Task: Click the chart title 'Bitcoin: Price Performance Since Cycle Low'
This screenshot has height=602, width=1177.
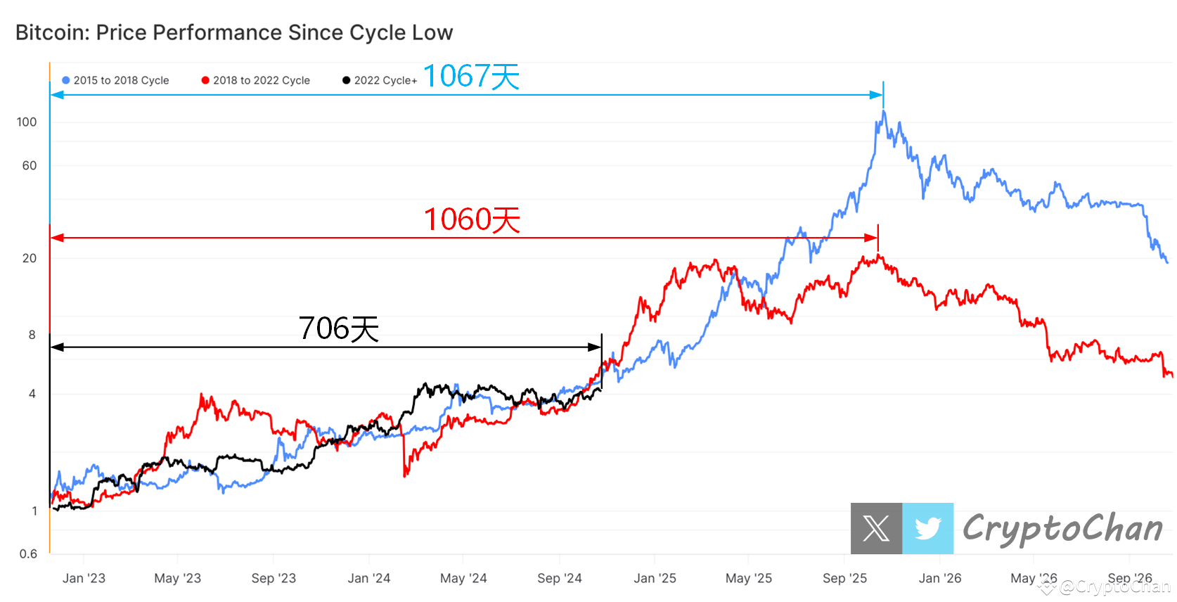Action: [234, 32]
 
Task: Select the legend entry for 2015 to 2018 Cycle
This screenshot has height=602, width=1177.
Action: [115, 80]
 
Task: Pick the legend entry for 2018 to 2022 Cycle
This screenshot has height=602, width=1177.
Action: [255, 80]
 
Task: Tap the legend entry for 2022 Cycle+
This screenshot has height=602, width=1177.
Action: [380, 80]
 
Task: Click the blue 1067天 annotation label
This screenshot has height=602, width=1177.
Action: [470, 76]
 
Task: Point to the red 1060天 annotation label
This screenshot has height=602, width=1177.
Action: [472, 219]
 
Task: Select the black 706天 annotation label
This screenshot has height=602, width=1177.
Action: [338, 328]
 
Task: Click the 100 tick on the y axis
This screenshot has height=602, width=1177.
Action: [27, 122]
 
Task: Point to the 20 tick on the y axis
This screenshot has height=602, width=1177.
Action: [29, 258]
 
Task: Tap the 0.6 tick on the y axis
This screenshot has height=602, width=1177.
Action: [28, 554]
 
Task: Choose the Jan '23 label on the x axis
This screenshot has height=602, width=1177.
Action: [84, 578]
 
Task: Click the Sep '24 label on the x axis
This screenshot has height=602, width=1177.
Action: [559, 578]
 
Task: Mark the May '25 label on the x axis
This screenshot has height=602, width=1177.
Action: [748, 578]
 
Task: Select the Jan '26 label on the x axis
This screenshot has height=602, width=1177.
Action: [939, 578]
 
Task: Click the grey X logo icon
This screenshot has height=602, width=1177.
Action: [876, 528]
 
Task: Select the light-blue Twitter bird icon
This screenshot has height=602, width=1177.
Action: [927, 528]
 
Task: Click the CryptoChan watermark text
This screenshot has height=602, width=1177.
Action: [1062, 528]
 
